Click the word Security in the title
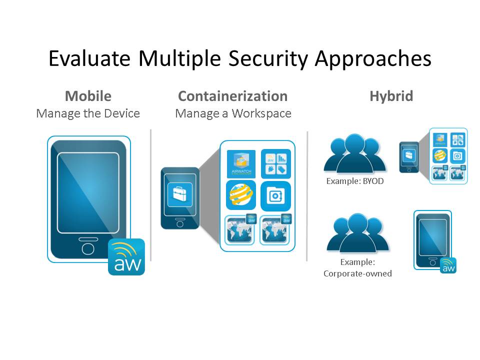(268, 58)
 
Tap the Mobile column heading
(88, 96)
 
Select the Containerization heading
(232, 96)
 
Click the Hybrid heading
(391, 96)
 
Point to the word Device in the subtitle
(122, 113)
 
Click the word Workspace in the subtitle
(261, 113)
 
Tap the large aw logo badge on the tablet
(126, 257)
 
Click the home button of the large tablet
(88, 248)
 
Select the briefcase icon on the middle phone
(180, 194)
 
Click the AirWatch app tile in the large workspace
(241, 164)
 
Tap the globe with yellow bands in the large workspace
(241, 195)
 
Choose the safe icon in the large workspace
(275, 196)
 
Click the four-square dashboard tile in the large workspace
(276, 164)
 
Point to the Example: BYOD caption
(355, 181)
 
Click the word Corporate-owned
(357, 273)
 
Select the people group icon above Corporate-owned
(357, 232)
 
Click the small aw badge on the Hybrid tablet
(448, 265)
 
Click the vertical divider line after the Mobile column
(151, 195)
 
